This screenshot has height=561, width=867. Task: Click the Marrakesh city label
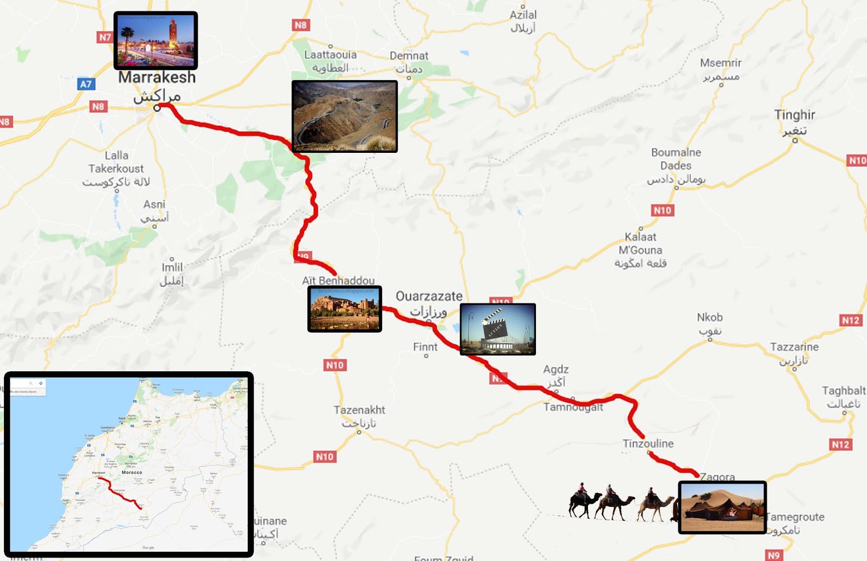point(157,78)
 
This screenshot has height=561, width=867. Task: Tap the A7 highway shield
point(86,84)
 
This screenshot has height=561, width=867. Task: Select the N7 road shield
point(105,37)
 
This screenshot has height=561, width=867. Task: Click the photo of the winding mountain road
point(344,116)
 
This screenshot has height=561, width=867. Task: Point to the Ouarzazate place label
point(429,296)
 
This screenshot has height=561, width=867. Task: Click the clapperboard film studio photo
point(497,329)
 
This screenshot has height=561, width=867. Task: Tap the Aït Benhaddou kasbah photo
point(345,309)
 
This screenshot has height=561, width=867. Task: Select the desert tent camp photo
point(722,507)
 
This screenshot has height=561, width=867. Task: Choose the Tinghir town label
point(794,115)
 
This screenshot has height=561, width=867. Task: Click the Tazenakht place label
point(359,410)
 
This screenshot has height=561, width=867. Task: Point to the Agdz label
point(556,370)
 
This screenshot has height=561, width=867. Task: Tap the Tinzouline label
point(648,443)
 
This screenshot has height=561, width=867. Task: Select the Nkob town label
point(709,318)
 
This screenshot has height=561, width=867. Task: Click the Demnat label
point(409,56)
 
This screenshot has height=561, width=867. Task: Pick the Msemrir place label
point(720,63)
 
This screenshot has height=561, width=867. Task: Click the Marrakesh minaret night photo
point(156,41)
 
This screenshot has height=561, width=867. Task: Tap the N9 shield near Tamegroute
point(774,555)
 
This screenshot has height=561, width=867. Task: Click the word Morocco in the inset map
point(132,473)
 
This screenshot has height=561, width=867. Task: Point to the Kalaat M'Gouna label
point(640,243)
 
